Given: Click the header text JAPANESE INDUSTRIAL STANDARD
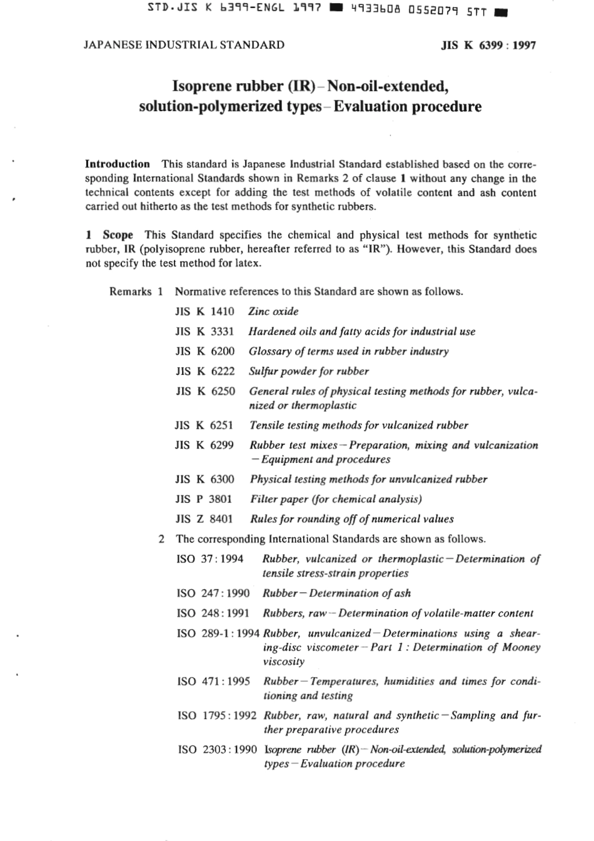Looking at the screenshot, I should (x=184, y=45).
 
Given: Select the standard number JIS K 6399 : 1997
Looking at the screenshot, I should (x=488, y=46).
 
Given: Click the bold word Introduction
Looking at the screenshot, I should (x=118, y=164).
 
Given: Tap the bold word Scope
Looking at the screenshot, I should (x=118, y=235).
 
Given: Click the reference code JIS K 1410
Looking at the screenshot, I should (x=204, y=311).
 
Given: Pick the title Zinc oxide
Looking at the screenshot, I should (x=273, y=311).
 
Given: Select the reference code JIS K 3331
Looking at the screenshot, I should (x=204, y=331).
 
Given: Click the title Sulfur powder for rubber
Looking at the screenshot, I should (x=309, y=371).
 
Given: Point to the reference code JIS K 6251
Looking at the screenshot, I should (x=204, y=425).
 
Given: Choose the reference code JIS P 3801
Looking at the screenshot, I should (x=204, y=499).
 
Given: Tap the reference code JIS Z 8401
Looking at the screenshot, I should (x=204, y=519).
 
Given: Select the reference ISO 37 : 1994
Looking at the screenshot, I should (x=210, y=559).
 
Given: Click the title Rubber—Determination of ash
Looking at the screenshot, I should (x=336, y=593).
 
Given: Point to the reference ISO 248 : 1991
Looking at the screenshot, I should (x=213, y=613).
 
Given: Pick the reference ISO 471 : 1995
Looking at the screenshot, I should (x=213, y=682).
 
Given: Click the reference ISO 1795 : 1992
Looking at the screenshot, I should (x=216, y=715).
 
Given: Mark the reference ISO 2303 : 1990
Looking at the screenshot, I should (x=216, y=749).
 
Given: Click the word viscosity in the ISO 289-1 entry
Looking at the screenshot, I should (x=284, y=662).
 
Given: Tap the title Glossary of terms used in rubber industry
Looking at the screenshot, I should (x=348, y=351).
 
